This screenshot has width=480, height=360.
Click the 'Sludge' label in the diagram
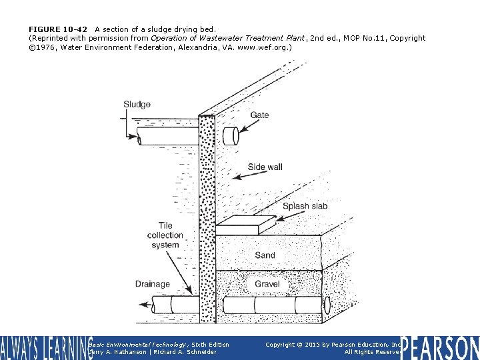[137, 104]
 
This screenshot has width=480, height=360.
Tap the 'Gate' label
[259, 115]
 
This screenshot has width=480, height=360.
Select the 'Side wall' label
[265, 167]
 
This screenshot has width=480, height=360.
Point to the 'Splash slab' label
[305, 206]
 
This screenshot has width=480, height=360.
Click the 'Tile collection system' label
[165, 235]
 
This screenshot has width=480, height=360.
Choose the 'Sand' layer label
[265, 255]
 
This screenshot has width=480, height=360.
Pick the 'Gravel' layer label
[267, 284]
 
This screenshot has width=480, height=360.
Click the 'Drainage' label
[153, 284]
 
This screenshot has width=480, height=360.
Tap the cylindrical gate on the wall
[231, 136]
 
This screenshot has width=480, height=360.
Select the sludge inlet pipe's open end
[139, 138]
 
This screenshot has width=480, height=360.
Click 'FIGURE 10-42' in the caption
[58, 29]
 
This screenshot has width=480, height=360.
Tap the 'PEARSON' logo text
[440, 348]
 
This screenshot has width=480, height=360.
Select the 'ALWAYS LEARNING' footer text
[45, 348]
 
